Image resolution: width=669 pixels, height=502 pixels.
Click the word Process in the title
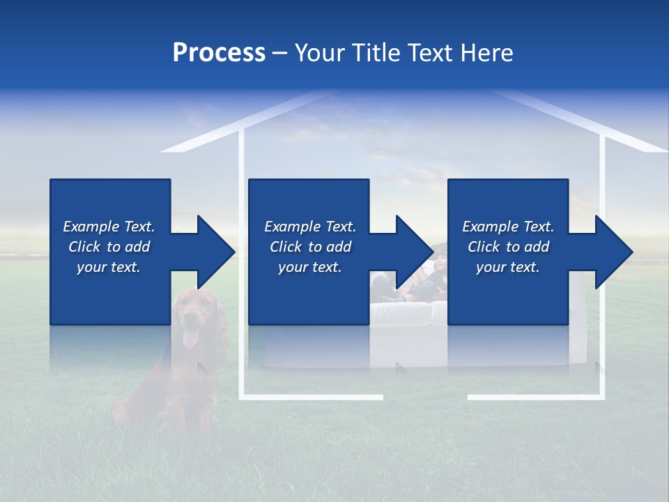[219, 53]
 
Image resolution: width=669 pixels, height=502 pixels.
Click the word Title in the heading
[376, 53]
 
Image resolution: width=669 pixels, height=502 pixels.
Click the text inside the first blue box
[109, 247]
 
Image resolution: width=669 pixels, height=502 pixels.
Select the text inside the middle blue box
[310, 247]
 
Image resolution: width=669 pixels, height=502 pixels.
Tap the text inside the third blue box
[508, 247]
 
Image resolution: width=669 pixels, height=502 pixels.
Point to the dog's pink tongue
[190, 340]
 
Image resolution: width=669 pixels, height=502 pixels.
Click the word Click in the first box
[86, 247]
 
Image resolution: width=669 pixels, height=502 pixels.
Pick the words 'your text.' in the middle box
[310, 267]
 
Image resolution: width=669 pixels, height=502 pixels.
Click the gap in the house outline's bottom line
[425, 397]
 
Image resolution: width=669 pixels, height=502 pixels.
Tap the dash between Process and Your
[279, 53]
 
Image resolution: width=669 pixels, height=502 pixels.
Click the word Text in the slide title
[431, 53]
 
